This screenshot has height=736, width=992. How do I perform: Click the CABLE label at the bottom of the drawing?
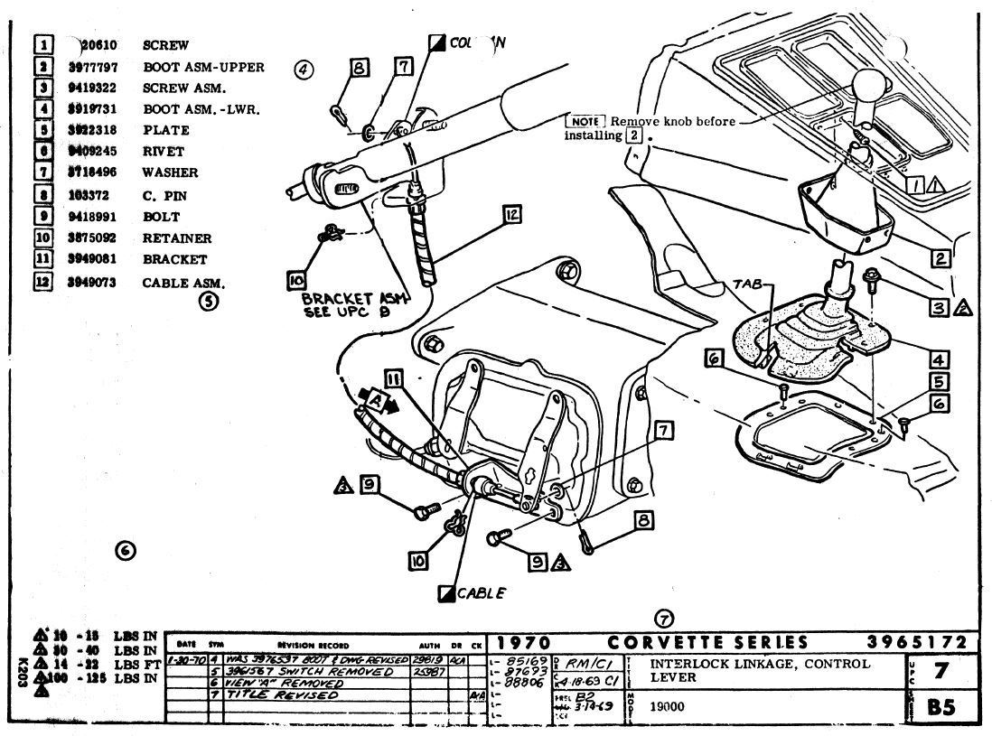click(x=480, y=593)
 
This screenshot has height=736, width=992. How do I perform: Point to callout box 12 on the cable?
click(x=512, y=214)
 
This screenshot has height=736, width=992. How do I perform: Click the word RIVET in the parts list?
click(x=164, y=152)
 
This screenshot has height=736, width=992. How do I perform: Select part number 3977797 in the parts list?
click(x=93, y=67)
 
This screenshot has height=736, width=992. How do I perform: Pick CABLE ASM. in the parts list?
click(x=183, y=283)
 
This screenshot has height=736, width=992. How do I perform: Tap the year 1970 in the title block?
click(x=519, y=643)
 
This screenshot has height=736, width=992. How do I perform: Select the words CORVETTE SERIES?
click(x=708, y=643)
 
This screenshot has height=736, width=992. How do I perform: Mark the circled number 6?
click(x=126, y=549)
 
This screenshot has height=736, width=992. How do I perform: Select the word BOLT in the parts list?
click(x=161, y=217)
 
